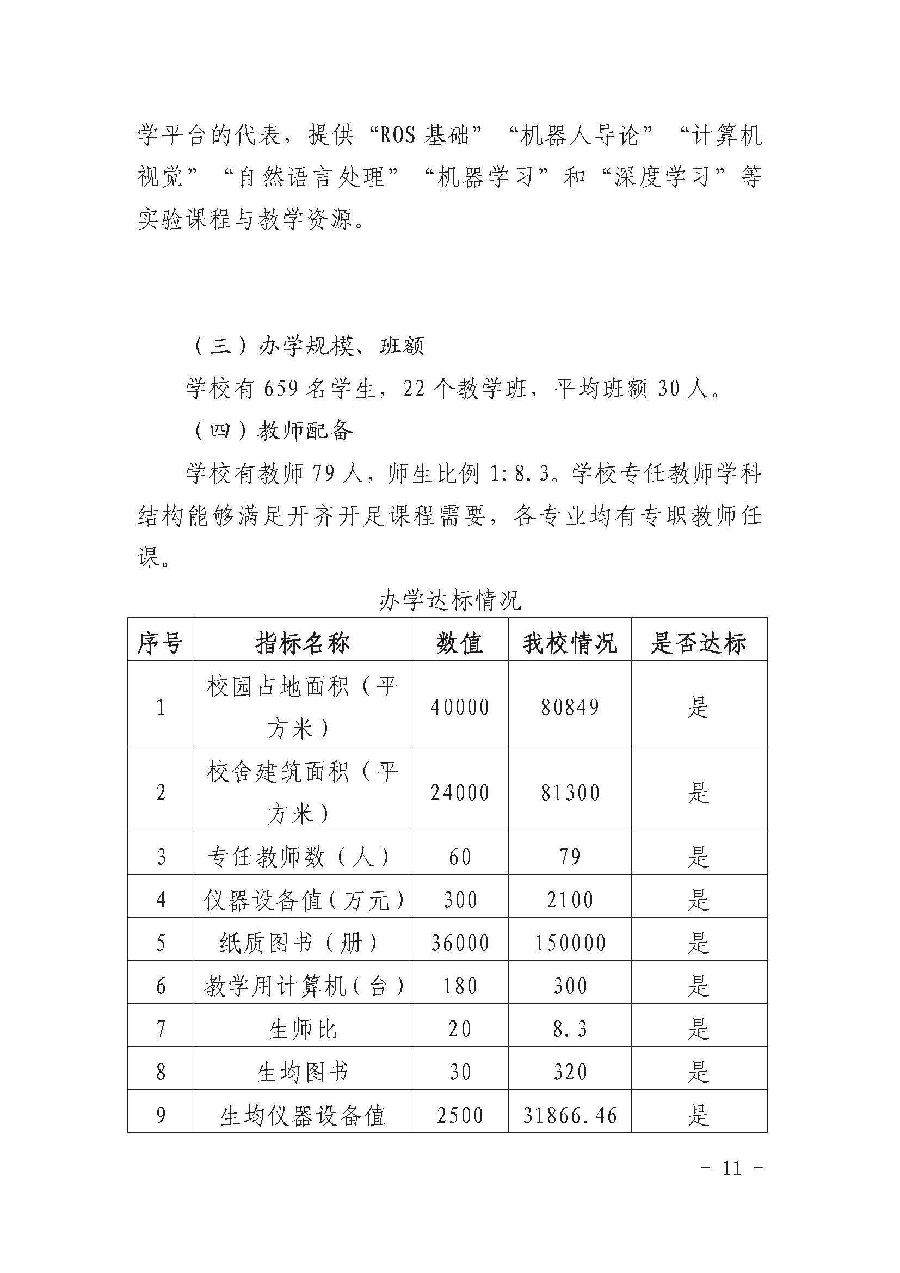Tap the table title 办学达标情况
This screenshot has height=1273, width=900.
pos(450,600)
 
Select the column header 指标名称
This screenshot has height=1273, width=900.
pos(303,643)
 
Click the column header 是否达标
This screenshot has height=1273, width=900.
pos(698,643)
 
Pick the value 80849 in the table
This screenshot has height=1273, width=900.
pos(570,708)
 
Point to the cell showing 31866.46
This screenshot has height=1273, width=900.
pos(570,1116)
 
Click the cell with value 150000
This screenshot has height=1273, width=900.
pos(570,943)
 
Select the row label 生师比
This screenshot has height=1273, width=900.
pos(303,1030)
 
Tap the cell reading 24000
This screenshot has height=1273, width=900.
pos(459,793)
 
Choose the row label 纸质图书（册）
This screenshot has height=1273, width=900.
pos(299,943)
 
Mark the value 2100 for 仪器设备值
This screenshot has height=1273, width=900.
pos(570,900)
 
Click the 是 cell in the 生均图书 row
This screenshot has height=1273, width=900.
pos(698,1072)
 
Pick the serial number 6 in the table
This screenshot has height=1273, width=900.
pos(161,986)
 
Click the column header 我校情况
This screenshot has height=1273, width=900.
pos(570,643)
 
